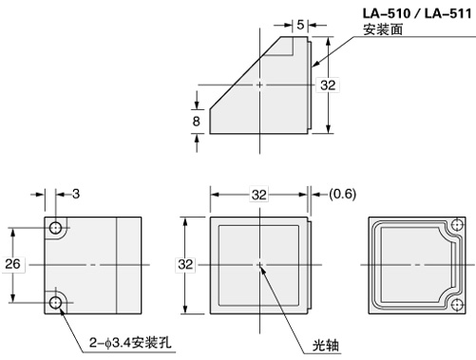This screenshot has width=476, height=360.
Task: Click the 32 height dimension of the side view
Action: click(x=328, y=85)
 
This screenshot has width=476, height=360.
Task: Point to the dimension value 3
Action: click(x=75, y=194)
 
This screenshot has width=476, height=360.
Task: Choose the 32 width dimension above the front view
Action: click(x=258, y=194)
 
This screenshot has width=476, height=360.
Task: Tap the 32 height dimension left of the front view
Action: click(x=185, y=263)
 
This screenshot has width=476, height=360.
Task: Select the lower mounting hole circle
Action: click(x=56, y=302)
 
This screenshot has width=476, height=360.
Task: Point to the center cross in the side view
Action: click(x=259, y=85)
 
